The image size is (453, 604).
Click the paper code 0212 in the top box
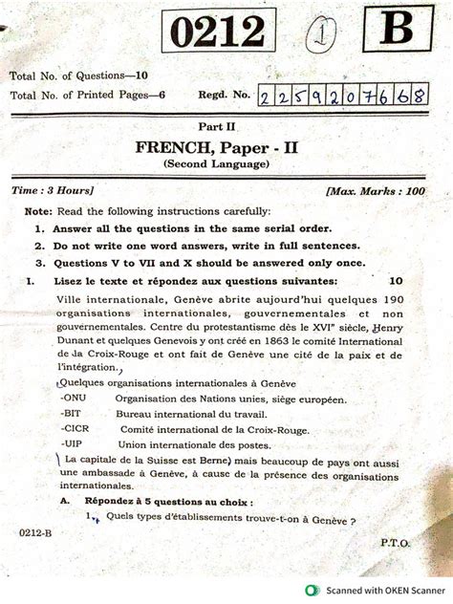pyautogui.click(x=217, y=36)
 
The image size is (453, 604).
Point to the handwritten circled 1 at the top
pyautogui.click(x=316, y=37)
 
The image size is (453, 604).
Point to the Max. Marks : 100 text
pyautogui.click(x=375, y=191)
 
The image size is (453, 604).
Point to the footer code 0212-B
pyautogui.click(x=34, y=528)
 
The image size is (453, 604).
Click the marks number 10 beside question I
pyautogui.click(x=396, y=282)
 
